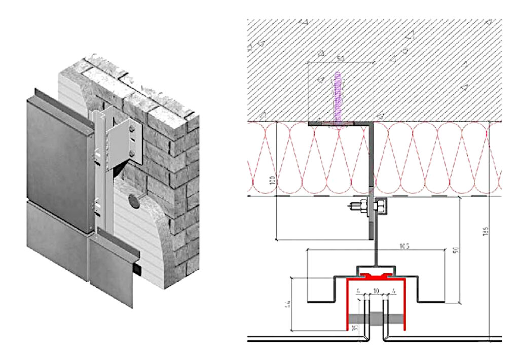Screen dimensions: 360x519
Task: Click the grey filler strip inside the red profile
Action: (x=376, y=319)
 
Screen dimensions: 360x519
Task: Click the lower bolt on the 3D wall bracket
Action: (x=133, y=152)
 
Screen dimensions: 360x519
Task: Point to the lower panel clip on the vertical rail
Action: (x=96, y=205)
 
